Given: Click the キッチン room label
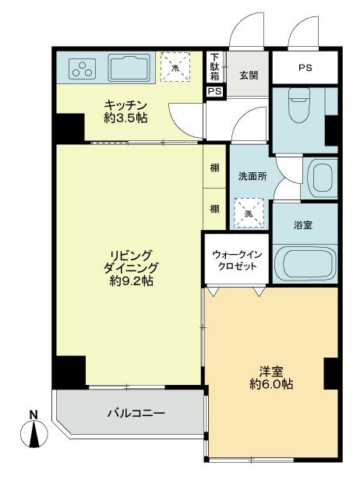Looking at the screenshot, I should (125, 111).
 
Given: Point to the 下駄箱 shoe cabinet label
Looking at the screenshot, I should (214, 67).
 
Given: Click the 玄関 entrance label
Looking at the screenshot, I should (249, 75).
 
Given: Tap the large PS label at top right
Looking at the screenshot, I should (305, 69).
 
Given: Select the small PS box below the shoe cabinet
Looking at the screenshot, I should (214, 91).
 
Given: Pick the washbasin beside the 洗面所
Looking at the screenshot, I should (319, 178).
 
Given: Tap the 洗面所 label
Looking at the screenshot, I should (252, 177).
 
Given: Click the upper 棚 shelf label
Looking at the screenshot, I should (214, 168).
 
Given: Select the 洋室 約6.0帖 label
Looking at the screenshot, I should (270, 377).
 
